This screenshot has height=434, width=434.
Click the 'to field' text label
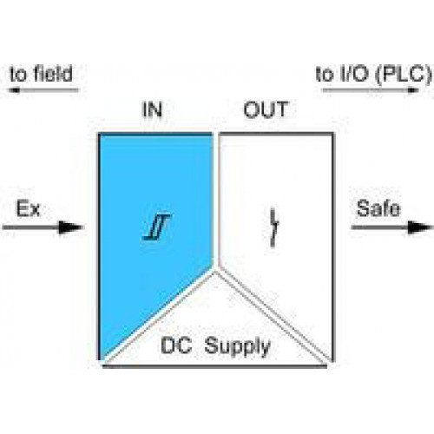coord(41,74)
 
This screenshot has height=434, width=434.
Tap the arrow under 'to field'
coord(43,90)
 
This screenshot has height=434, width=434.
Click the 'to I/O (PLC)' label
coord(373,75)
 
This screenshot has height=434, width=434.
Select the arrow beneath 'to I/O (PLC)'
coord(371,90)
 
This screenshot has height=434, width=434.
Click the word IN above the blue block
coord(153,110)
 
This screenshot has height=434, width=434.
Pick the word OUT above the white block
coord(266,109)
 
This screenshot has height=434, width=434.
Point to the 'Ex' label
coord(28,208)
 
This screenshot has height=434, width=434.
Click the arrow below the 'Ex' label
coord(43,227)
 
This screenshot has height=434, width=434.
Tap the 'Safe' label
coord(378,208)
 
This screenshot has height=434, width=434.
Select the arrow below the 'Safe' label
coord(392,227)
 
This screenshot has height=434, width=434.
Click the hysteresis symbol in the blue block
coord(157,227)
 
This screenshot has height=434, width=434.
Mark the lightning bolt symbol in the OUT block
coord(273,227)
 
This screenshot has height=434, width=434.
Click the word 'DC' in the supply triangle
coord(176,345)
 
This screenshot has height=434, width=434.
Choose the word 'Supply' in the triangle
coord(237,346)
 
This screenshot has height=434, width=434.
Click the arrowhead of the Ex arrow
coord(71,227)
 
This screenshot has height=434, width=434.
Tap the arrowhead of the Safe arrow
coord(421,227)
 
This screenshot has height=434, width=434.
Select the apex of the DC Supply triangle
coord(215,273)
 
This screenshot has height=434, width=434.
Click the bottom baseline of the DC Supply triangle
coord(215,366)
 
